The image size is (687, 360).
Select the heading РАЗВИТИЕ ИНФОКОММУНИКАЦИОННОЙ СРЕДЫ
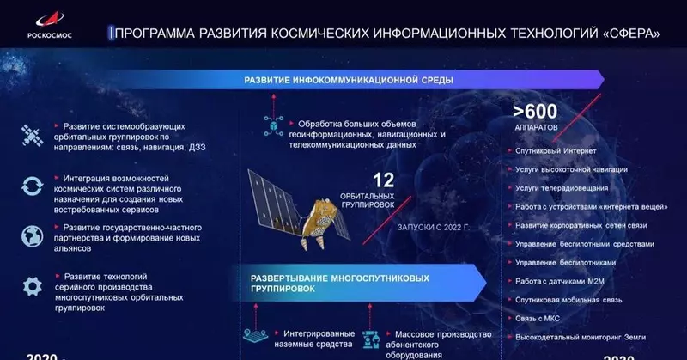pos(349,80)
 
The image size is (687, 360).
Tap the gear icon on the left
pos(33,286)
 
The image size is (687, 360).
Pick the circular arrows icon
pos(33,186)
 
